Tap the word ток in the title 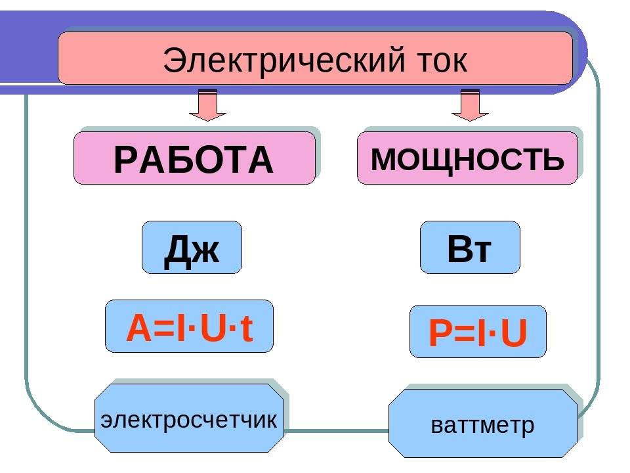pyautogui.click(x=437, y=61)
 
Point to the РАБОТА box pyautogui.click(x=194, y=158)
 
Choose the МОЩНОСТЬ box pyautogui.click(x=467, y=158)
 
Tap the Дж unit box pyautogui.click(x=192, y=248)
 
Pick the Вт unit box pyautogui.click(x=470, y=248)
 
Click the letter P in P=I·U pyautogui.click(x=438, y=334)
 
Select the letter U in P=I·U pyautogui.click(x=513, y=334)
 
